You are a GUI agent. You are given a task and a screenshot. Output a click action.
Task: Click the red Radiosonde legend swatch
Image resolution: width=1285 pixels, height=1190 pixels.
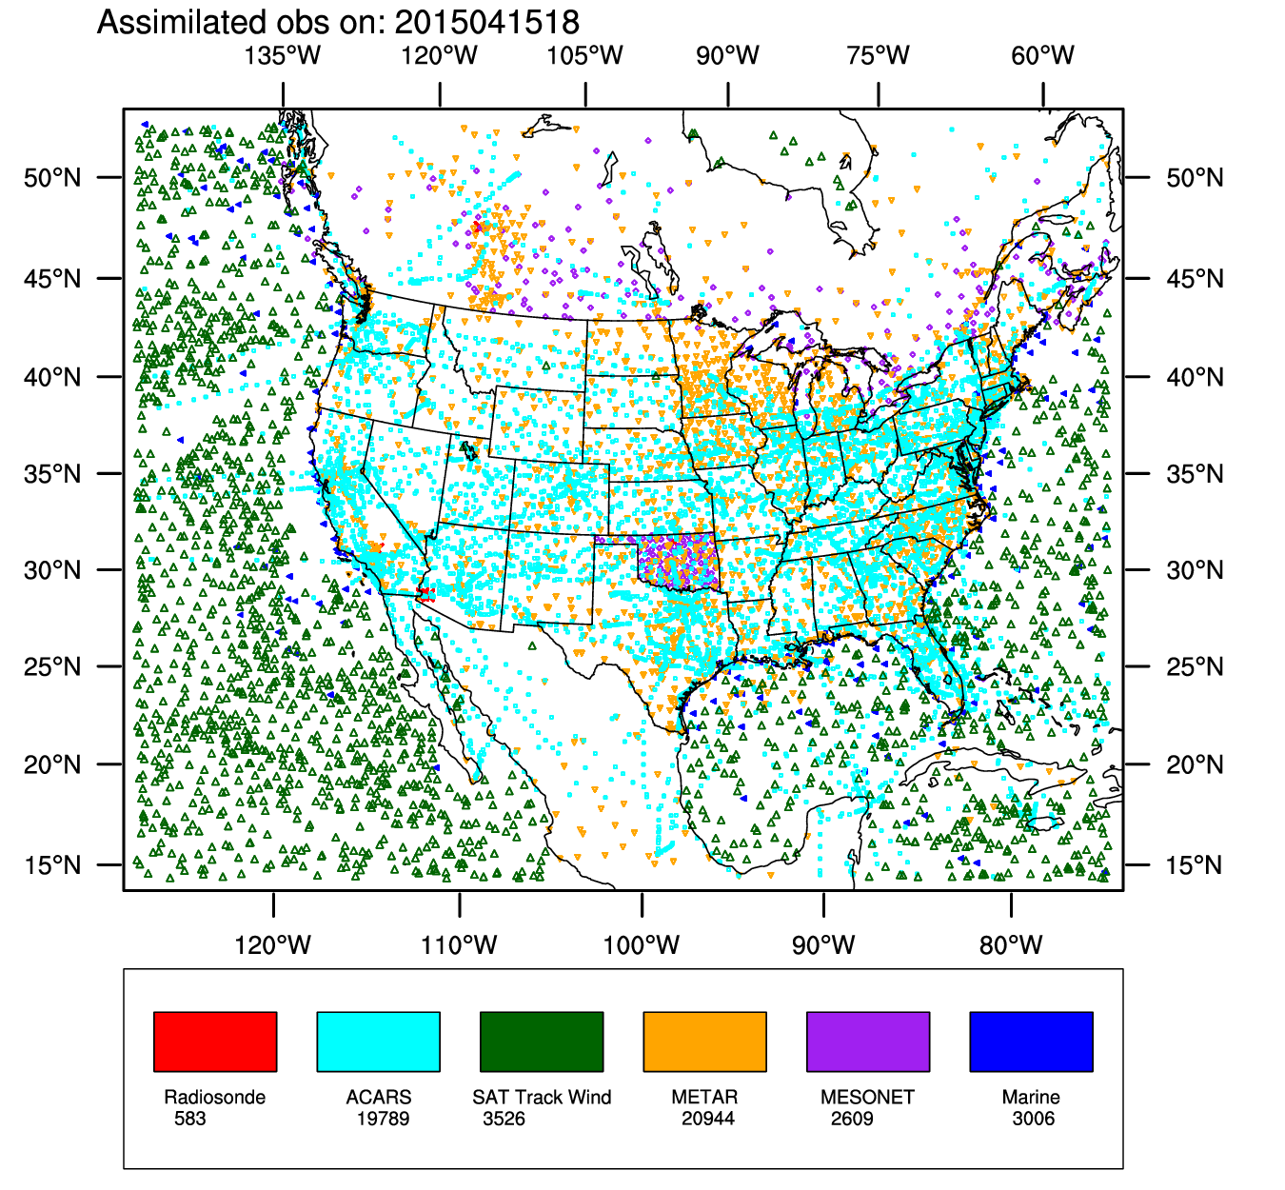pos(215,1041)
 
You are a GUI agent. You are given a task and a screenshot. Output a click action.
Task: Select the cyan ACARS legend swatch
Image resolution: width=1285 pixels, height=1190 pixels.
pos(378,1041)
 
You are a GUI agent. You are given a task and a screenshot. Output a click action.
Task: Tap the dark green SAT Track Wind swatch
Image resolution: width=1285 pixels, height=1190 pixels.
pos(542,1041)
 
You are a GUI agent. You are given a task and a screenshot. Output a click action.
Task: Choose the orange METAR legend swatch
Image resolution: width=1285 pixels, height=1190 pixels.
pos(704,1041)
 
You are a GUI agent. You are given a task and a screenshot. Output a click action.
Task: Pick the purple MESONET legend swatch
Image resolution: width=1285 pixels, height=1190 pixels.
pos(868,1041)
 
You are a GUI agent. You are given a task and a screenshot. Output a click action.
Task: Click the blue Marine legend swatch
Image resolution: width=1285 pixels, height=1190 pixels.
pos(1031,1041)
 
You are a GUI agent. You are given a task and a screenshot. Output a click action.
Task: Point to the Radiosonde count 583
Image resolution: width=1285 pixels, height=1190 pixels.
pos(190,1119)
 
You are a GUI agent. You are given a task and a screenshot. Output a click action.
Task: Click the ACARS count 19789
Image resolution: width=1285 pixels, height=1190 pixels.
pos(383,1119)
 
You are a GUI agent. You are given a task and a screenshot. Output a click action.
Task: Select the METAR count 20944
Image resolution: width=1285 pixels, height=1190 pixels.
pos(708,1119)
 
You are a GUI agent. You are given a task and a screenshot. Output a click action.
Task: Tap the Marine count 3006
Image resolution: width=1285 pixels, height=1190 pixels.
pos(1034,1119)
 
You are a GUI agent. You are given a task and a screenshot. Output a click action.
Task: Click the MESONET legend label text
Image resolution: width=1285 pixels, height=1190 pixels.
pos(867,1098)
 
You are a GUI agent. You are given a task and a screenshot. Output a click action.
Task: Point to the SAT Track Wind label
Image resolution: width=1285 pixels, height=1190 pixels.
pos(542,1098)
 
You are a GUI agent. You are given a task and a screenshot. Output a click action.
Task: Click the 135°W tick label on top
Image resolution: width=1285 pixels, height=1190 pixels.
pos(283,55)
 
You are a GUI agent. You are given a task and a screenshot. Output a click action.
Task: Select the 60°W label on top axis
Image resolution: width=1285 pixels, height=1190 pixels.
pos(1043,55)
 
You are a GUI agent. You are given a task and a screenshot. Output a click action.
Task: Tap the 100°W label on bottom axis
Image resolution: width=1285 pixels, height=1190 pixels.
pos(642,945)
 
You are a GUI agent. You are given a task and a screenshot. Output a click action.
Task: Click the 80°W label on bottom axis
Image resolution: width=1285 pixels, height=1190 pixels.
pos(1011,945)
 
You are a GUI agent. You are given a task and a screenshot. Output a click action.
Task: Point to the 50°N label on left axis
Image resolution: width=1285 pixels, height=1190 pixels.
pos(52,178)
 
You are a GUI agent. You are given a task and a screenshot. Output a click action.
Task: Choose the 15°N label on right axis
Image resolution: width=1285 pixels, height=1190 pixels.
pos(1195,865)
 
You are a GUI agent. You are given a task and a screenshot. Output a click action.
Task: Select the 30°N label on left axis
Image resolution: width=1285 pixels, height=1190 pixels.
pos(52,570)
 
